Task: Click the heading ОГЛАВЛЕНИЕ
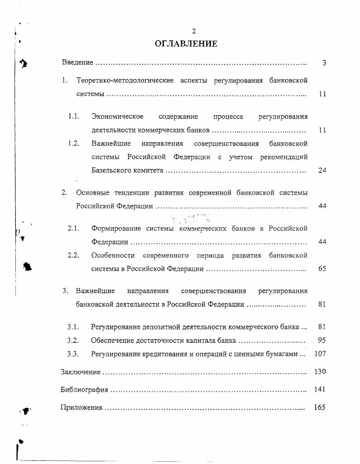pyautogui.click(x=186, y=44)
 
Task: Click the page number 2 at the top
pyautogui.click(x=194, y=31)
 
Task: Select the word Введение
pyautogui.click(x=77, y=62)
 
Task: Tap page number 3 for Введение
pyautogui.click(x=324, y=63)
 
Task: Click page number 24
pyautogui.click(x=322, y=170)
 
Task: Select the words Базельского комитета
pyautogui.click(x=127, y=170)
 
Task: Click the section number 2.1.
pyautogui.click(x=74, y=228)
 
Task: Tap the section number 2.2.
pyautogui.click(x=74, y=255)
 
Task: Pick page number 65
pyautogui.click(x=322, y=268)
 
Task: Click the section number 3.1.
pyautogui.click(x=73, y=327)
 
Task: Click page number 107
pyautogui.click(x=320, y=354)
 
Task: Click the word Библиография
pyautogui.click(x=84, y=389)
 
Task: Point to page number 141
pyautogui.click(x=320, y=389)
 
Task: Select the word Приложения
pyautogui.click(x=81, y=408)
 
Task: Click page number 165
pyautogui.click(x=320, y=407)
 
